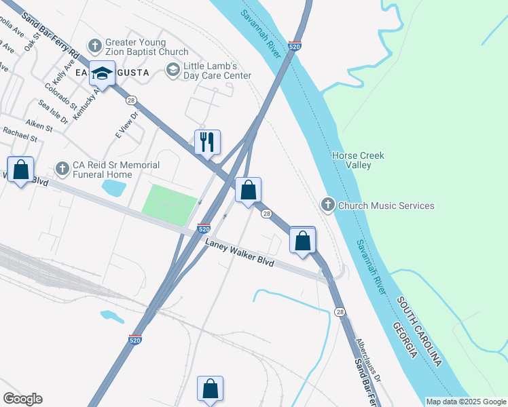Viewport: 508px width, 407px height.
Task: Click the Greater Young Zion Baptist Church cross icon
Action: click(94, 47)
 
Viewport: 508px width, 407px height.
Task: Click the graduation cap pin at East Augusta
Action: click(102, 73)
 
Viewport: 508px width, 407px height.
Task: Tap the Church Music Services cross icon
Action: click(328, 205)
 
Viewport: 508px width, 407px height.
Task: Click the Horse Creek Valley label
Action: click(358, 160)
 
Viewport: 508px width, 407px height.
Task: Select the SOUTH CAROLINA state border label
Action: click(420, 332)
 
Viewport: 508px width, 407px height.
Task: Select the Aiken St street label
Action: click(39, 126)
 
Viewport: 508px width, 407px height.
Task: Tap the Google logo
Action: click(22, 399)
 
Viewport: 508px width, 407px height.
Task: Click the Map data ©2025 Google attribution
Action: click(466, 402)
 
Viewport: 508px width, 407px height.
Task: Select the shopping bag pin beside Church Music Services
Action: click(303, 240)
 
